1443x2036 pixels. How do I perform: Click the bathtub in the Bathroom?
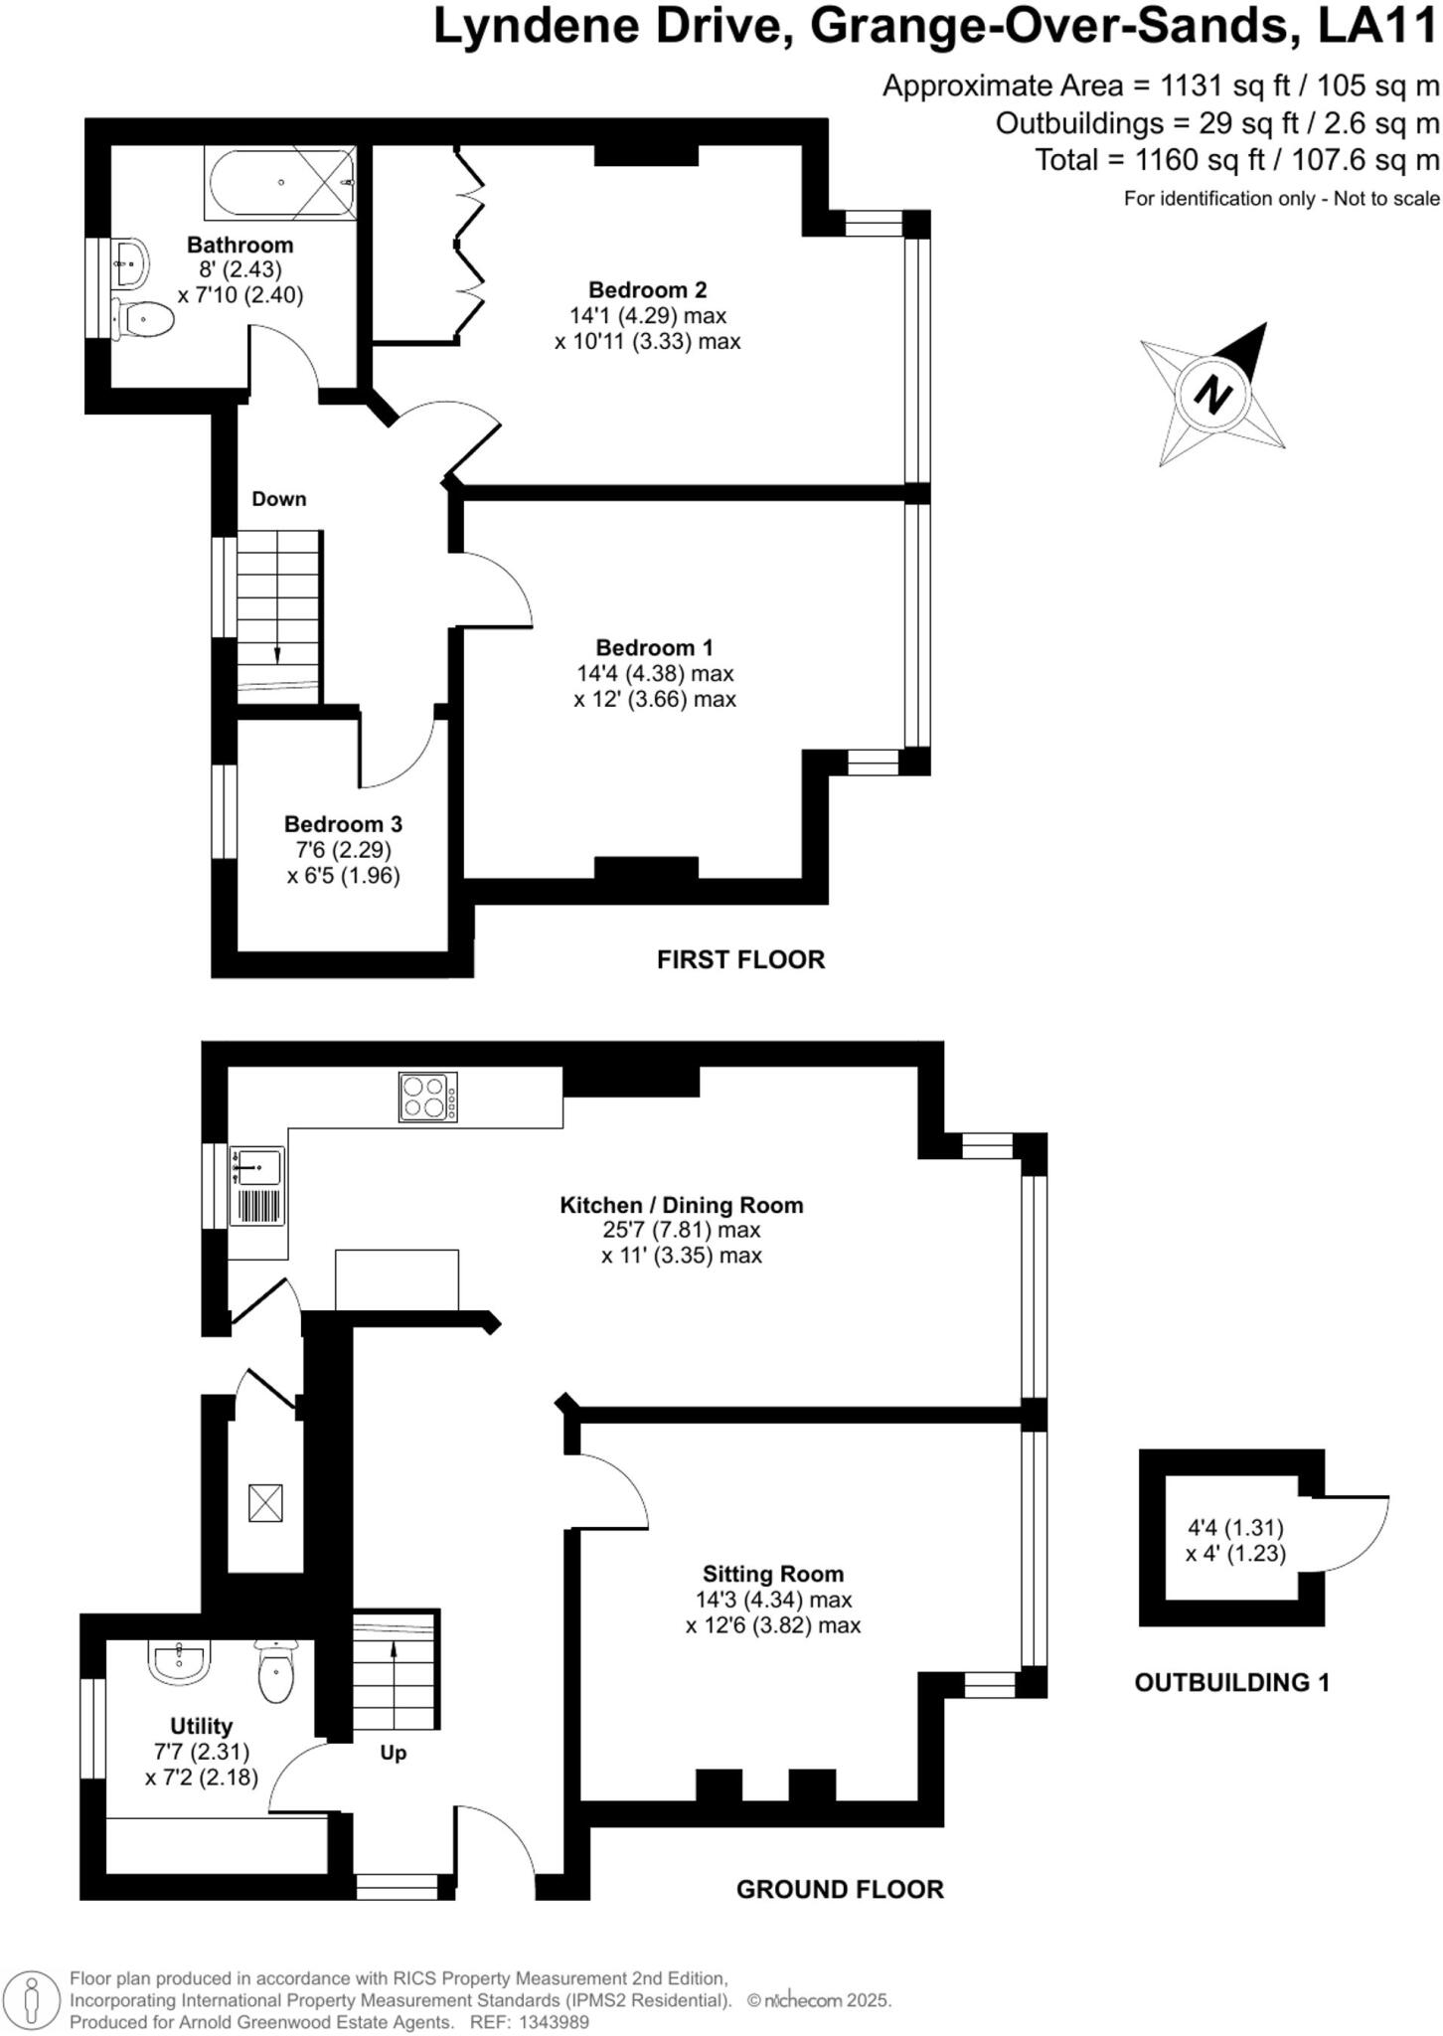coord(280,183)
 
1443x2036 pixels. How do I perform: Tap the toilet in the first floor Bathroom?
coord(144,319)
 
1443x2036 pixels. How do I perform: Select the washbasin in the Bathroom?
coord(130,262)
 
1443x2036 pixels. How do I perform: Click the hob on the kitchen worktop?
coord(428,1097)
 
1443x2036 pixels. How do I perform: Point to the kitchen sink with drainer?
coord(257,1186)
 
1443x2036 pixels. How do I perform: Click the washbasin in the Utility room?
coord(180,1661)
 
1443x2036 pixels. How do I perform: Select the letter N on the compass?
coord(1212,395)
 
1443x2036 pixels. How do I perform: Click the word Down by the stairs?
coord(279,499)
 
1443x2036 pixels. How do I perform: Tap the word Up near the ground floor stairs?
coord(394,1753)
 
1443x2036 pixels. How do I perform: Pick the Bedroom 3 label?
coord(343,824)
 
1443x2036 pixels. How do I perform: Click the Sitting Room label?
coord(772,1574)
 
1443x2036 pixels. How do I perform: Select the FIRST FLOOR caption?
coord(740,959)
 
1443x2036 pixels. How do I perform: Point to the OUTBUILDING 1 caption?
coord(1231,1682)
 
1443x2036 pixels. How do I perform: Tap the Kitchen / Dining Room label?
coord(681,1205)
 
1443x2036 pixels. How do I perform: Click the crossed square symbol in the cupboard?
coord(265,1502)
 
